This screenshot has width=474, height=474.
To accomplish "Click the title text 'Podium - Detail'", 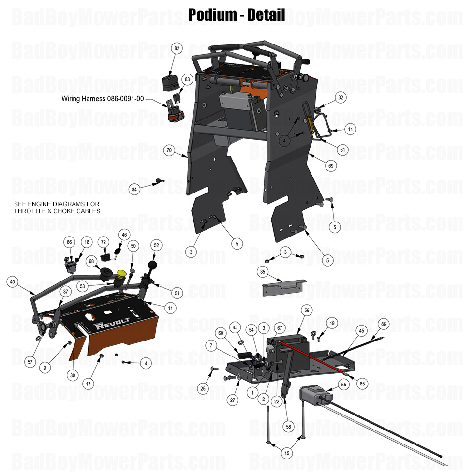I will pyautogui.click(x=237, y=15).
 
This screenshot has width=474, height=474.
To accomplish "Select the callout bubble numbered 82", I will pyautogui.click(x=177, y=48).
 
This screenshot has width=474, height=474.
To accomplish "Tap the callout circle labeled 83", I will pyautogui.click(x=187, y=79).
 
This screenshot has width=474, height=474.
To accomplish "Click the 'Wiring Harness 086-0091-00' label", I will pyautogui.click(x=103, y=98).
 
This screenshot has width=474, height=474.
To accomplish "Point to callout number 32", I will pyautogui.click(x=341, y=97).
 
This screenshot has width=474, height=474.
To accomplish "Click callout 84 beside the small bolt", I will pyautogui.click(x=134, y=189).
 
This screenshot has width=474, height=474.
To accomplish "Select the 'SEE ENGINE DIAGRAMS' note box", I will pyautogui.click(x=57, y=207).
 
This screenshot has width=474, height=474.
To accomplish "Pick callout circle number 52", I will pyautogui.click(x=156, y=245).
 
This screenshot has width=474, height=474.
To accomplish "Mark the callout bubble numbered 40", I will pyautogui.click(x=13, y=282).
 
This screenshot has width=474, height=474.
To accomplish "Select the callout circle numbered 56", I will pyautogui.click(x=306, y=310).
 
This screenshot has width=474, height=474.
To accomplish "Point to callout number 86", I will pyautogui.click(x=384, y=324).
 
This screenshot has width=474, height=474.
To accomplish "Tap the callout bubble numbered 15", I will pyautogui.click(x=287, y=453).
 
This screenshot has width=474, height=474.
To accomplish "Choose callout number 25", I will pyautogui.click(x=203, y=388).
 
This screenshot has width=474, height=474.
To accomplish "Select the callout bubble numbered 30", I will pyautogui.click(x=73, y=374).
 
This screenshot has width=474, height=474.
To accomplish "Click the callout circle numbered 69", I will pyautogui.click(x=331, y=166).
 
